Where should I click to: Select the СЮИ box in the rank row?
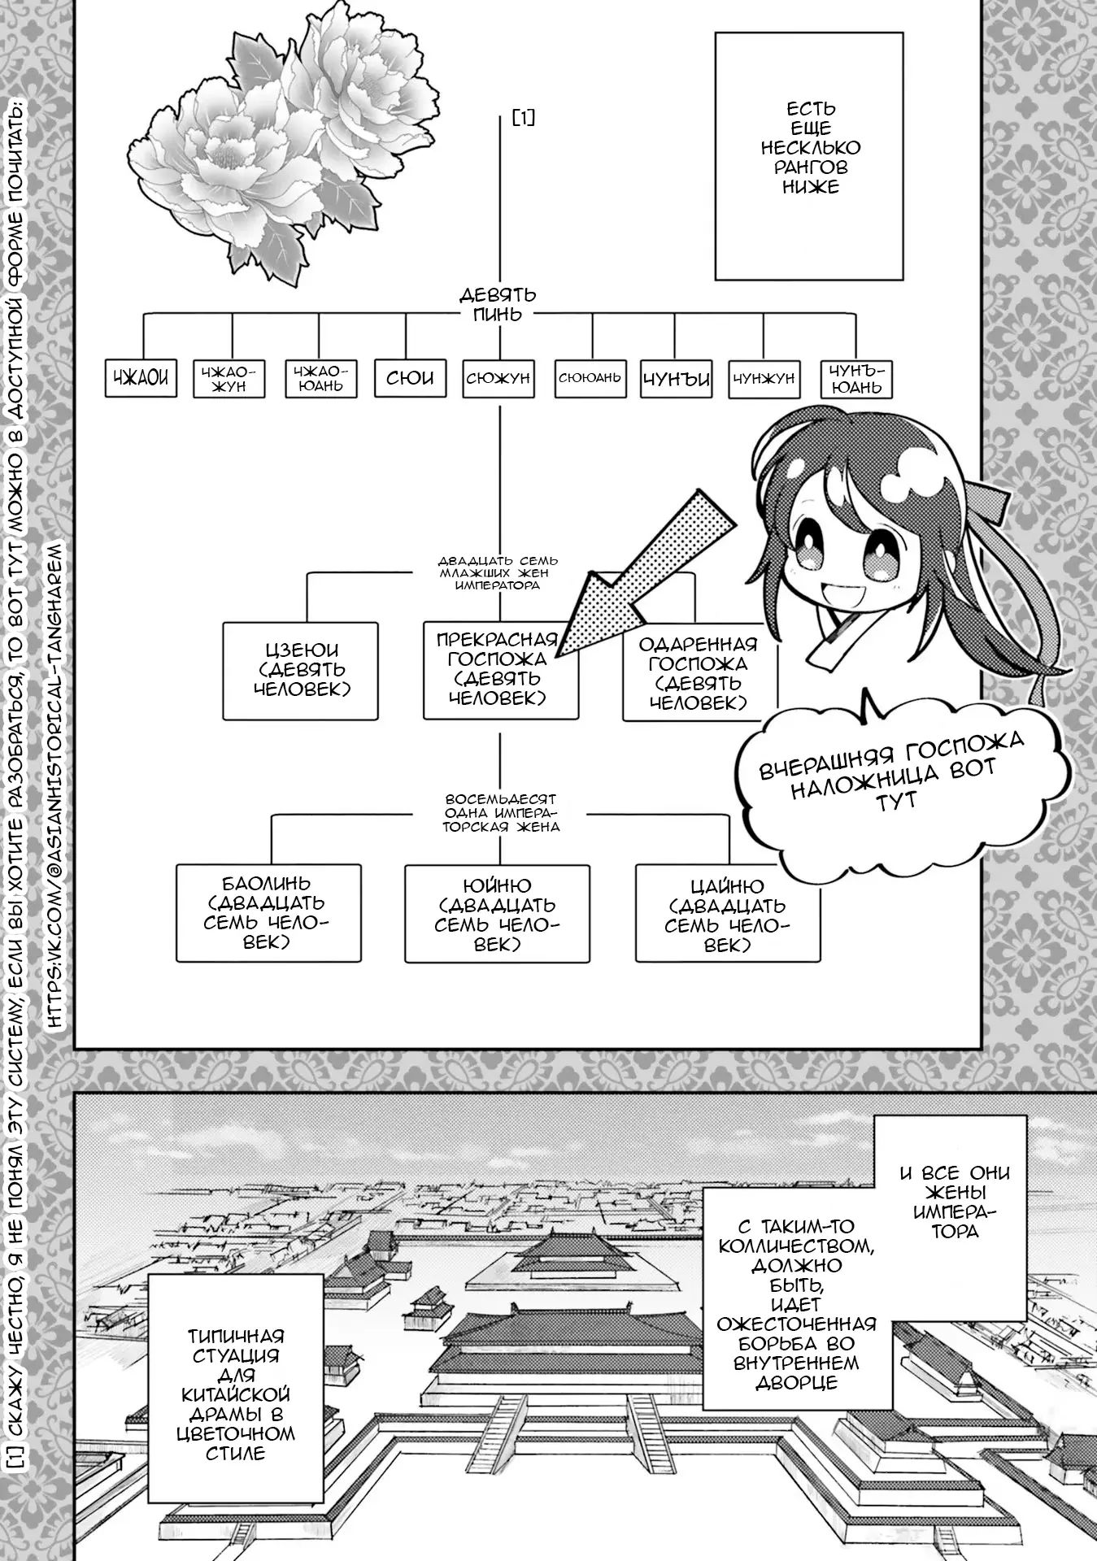pyautogui.click(x=410, y=378)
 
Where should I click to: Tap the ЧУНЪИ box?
pyautogui.click(x=677, y=379)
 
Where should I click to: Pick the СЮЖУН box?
pyautogui.click(x=498, y=378)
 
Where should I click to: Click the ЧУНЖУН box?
pyautogui.click(x=764, y=379)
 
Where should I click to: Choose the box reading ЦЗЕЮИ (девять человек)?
pyautogui.click(x=301, y=671)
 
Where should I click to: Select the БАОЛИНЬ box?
pyautogui.click(x=268, y=912)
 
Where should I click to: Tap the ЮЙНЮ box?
pyautogui.click(x=498, y=914)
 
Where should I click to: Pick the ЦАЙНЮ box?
pyautogui.click(x=728, y=914)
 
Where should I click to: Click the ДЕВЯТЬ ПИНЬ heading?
pyautogui.click(x=498, y=305)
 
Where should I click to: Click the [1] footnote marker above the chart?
pyautogui.click(x=524, y=118)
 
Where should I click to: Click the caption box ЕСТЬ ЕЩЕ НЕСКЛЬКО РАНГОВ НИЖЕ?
pyautogui.click(x=809, y=156)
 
